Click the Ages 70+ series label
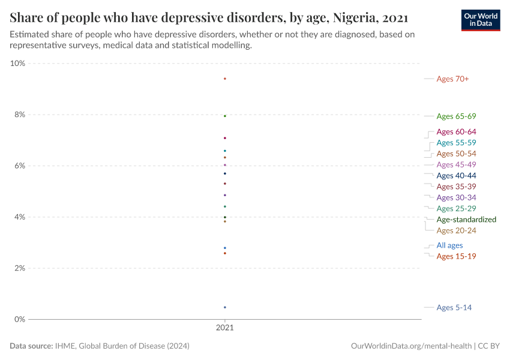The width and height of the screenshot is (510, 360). (x=452, y=79)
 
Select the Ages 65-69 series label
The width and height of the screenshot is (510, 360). (x=456, y=116)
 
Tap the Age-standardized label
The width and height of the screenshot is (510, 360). (x=466, y=220)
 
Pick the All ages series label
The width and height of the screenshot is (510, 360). (x=449, y=245)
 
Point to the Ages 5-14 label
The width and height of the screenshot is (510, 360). (x=454, y=308)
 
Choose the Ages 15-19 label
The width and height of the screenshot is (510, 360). (x=456, y=257)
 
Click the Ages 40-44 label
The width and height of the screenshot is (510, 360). (x=456, y=176)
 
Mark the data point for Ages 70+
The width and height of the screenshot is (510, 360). (x=225, y=79)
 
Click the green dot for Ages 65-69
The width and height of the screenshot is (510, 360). (x=225, y=116)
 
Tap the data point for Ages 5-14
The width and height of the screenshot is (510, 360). (x=225, y=307)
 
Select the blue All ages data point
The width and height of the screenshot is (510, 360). (x=225, y=248)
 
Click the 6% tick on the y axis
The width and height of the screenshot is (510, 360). (x=19, y=166)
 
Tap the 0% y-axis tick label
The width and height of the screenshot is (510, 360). (x=19, y=319)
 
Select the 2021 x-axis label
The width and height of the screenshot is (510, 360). (x=225, y=329)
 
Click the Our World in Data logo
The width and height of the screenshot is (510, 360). (x=480, y=20)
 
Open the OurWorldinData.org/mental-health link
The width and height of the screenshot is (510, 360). (x=411, y=346)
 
